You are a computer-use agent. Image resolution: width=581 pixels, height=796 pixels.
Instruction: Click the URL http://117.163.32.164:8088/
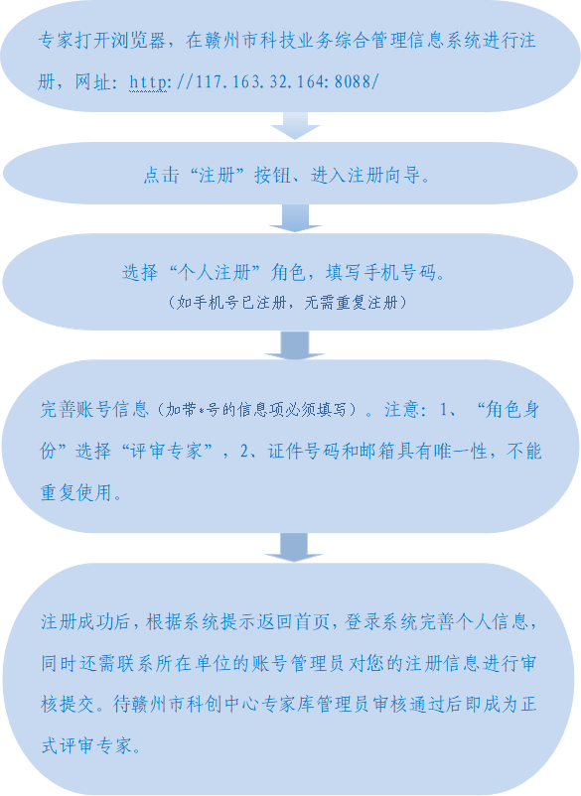click(254, 81)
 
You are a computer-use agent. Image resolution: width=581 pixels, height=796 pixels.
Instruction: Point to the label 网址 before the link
click(93, 81)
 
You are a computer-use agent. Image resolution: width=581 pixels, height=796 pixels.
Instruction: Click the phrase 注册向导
click(385, 175)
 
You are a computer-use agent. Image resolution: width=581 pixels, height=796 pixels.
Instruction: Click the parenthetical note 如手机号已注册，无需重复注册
click(287, 303)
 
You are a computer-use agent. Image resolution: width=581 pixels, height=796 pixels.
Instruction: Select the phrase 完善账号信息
click(94, 409)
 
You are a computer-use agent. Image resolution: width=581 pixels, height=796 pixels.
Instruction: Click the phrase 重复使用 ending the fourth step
click(76, 492)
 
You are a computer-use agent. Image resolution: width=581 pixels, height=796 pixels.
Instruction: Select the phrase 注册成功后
click(86, 622)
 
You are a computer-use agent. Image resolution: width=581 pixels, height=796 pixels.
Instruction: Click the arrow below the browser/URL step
click(295, 126)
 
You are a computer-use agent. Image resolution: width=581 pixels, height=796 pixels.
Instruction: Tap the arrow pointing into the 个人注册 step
click(295, 218)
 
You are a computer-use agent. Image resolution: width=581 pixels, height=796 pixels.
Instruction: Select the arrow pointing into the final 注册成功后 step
click(294, 547)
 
